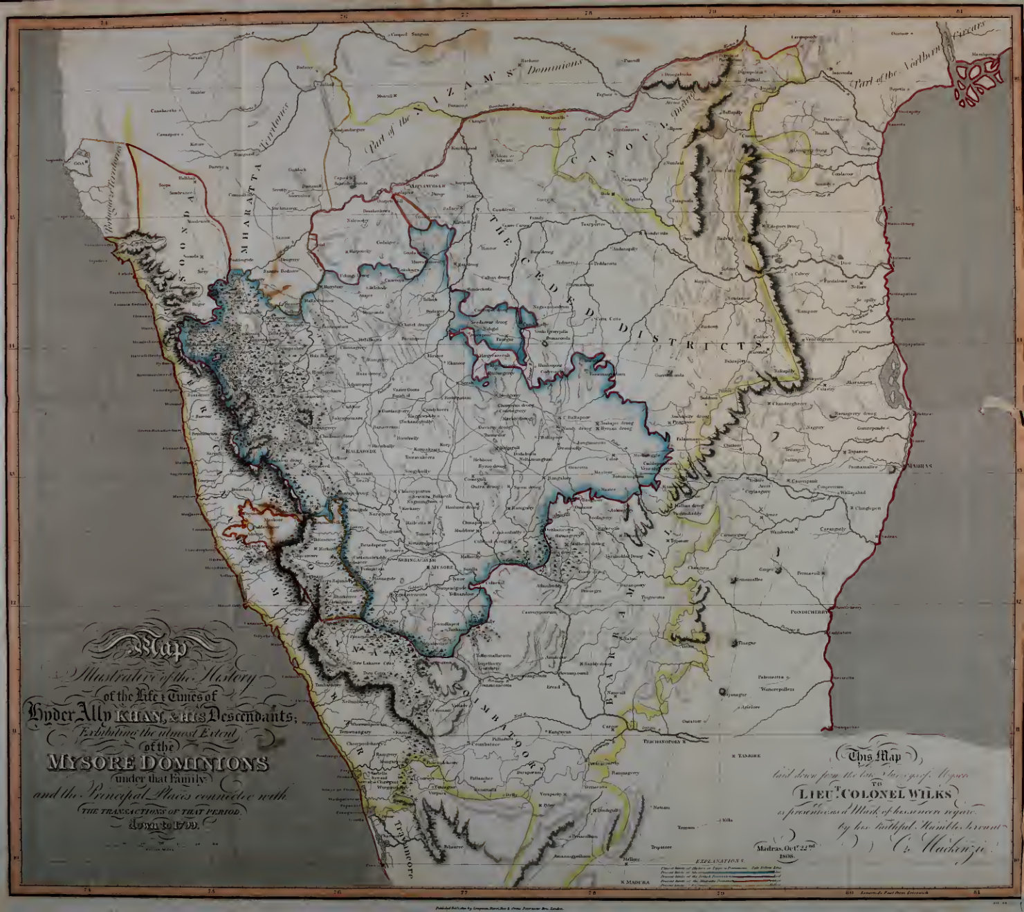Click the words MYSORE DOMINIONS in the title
(x=156, y=763)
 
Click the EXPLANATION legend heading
(x=721, y=860)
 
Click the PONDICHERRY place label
(x=809, y=612)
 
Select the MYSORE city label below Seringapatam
(x=442, y=567)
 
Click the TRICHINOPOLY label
(x=664, y=741)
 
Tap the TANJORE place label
(x=749, y=756)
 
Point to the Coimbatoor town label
(x=486, y=744)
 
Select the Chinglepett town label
(x=869, y=508)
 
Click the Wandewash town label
(x=783, y=532)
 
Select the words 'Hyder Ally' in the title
(x=66, y=713)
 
